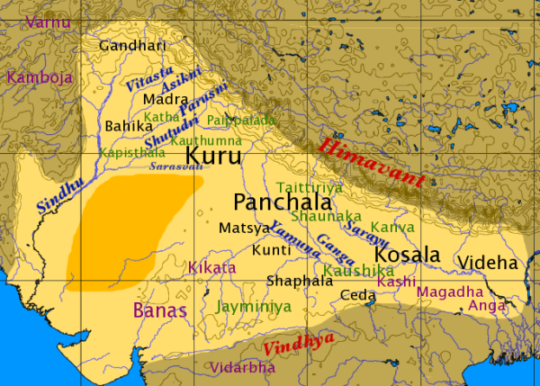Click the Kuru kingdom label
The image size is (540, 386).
coord(212,157)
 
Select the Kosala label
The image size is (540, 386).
coord(406,255)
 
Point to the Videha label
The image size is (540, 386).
coord(487,263)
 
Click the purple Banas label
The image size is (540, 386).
coord(159,311)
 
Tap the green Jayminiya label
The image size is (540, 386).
coord(254,307)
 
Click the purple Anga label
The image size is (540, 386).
coord(486,305)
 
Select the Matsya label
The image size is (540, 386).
coord(238,228)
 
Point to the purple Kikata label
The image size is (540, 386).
coord(211,267)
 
